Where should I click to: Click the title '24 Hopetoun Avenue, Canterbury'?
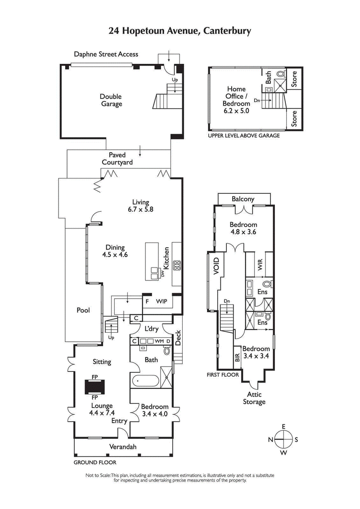180,31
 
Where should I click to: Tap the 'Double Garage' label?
111,100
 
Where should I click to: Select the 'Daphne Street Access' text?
106,54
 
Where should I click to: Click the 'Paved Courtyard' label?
117,159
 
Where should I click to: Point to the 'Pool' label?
83,310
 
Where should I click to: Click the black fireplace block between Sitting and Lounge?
95,387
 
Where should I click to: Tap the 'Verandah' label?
123,446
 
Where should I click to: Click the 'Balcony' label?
243,199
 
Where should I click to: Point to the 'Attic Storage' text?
254,398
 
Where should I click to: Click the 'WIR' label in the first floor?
260,265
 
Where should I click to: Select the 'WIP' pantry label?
162,301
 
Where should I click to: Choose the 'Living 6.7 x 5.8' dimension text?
140,205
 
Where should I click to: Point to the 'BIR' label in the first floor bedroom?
237,357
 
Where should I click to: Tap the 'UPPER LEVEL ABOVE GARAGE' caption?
243,135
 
